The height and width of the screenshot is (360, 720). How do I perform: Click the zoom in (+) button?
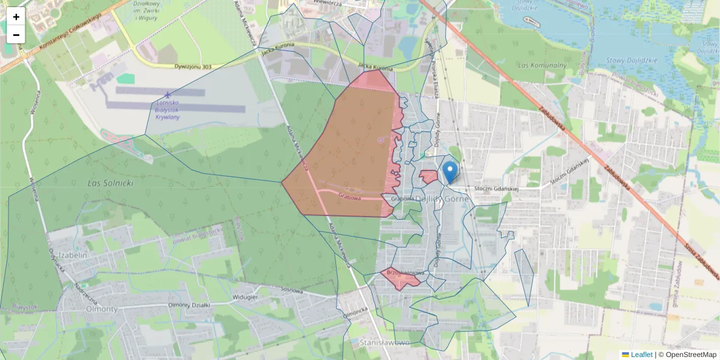point(16,17)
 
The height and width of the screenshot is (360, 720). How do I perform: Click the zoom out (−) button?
point(16,35)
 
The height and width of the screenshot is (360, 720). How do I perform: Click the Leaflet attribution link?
point(641,355)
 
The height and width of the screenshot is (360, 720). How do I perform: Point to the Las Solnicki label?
point(110,182)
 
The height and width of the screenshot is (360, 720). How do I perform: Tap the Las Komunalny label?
point(541,65)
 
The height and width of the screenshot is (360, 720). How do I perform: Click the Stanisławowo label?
point(386,343)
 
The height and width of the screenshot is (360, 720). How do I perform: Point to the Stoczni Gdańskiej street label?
point(496,188)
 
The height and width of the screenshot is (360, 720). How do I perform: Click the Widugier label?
point(245,297)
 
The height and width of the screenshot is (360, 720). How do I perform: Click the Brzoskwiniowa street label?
point(406,273)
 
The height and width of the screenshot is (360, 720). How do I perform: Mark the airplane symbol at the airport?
point(166,95)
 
